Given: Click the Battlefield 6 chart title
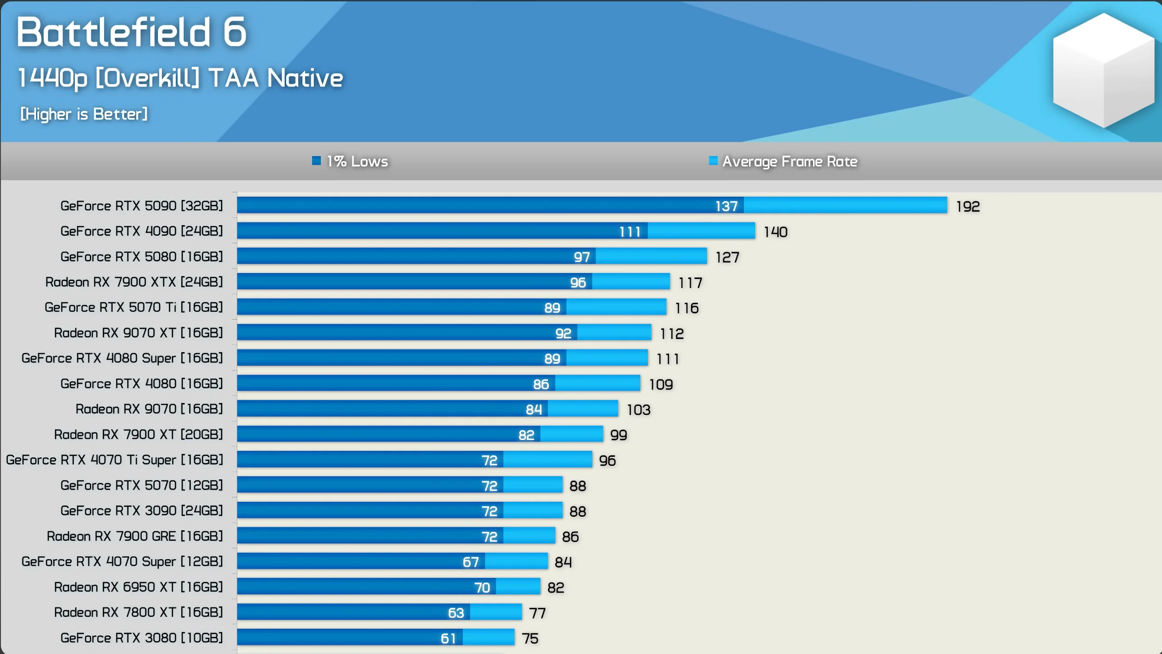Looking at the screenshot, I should (x=132, y=32).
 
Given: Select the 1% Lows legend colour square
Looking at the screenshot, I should (x=316, y=161).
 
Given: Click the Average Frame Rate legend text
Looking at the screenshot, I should (x=789, y=162).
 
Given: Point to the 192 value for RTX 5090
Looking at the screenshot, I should (x=968, y=207).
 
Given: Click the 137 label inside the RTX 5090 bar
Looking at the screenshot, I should (x=726, y=206).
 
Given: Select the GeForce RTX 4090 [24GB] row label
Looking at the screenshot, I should (x=142, y=231).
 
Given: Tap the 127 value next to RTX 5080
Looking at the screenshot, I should (x=727, y=257).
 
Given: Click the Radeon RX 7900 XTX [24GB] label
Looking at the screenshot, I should (x=134, y=282).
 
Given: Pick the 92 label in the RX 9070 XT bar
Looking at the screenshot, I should (x=563, y=334).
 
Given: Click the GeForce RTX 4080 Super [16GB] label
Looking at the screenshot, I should (x=122, y=358).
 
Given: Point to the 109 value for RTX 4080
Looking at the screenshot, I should (x=661, y=385).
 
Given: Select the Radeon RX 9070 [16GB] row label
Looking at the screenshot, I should (x=149, y=409).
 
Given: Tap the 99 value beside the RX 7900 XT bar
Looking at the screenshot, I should (x=618, y=435).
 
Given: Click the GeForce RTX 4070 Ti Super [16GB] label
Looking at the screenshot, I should (x=115, y=460).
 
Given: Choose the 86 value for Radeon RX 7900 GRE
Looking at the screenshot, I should (x=570, y=537).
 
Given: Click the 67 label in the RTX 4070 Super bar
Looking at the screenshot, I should (x=470, y=562).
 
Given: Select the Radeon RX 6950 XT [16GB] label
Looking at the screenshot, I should (x=138, y=587).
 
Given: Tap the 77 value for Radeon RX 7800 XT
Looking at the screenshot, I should (x=537, y=613).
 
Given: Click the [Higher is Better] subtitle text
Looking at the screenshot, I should (x=84, y=114).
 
